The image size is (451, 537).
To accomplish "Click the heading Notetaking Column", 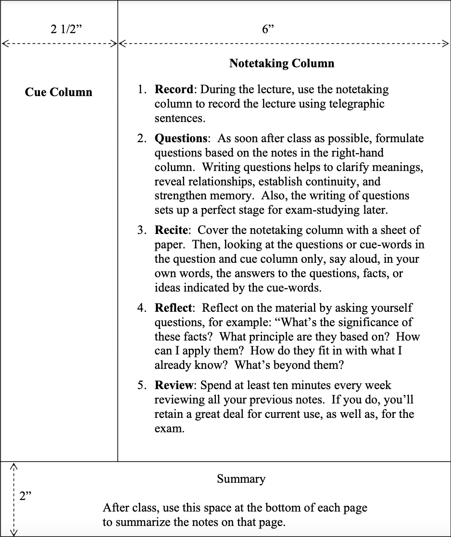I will point(282,63).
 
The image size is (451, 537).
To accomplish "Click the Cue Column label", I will point(59,92).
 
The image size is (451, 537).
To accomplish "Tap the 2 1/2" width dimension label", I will point(66,29).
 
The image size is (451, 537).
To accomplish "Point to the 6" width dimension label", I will point(268,29).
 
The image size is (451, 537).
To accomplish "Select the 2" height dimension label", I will point(25,496).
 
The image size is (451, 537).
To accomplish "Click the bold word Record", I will point(174,89).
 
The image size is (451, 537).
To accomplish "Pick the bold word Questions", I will point(181,138).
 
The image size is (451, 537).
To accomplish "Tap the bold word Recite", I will point(171,231).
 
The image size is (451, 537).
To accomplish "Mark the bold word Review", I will point(174,385).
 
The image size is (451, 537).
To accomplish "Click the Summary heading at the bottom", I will point(241,479).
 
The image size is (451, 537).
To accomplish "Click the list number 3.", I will point(141,231).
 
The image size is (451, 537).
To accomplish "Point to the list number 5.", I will point(141,385).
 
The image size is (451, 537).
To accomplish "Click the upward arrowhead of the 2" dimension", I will point(14,465).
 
